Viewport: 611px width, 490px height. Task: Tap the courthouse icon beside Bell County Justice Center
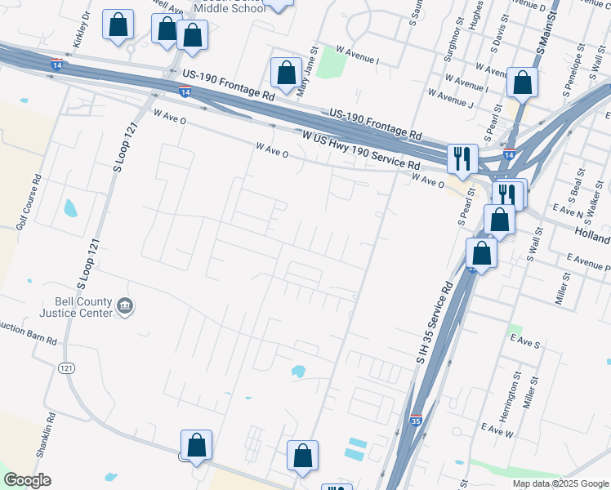(x=126, y=306)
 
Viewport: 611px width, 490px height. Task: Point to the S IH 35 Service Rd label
(x=435, y=323)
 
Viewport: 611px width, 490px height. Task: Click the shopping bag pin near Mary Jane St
(x=287, y=73)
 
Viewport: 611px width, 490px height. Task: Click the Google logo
(x=26, y=480)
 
